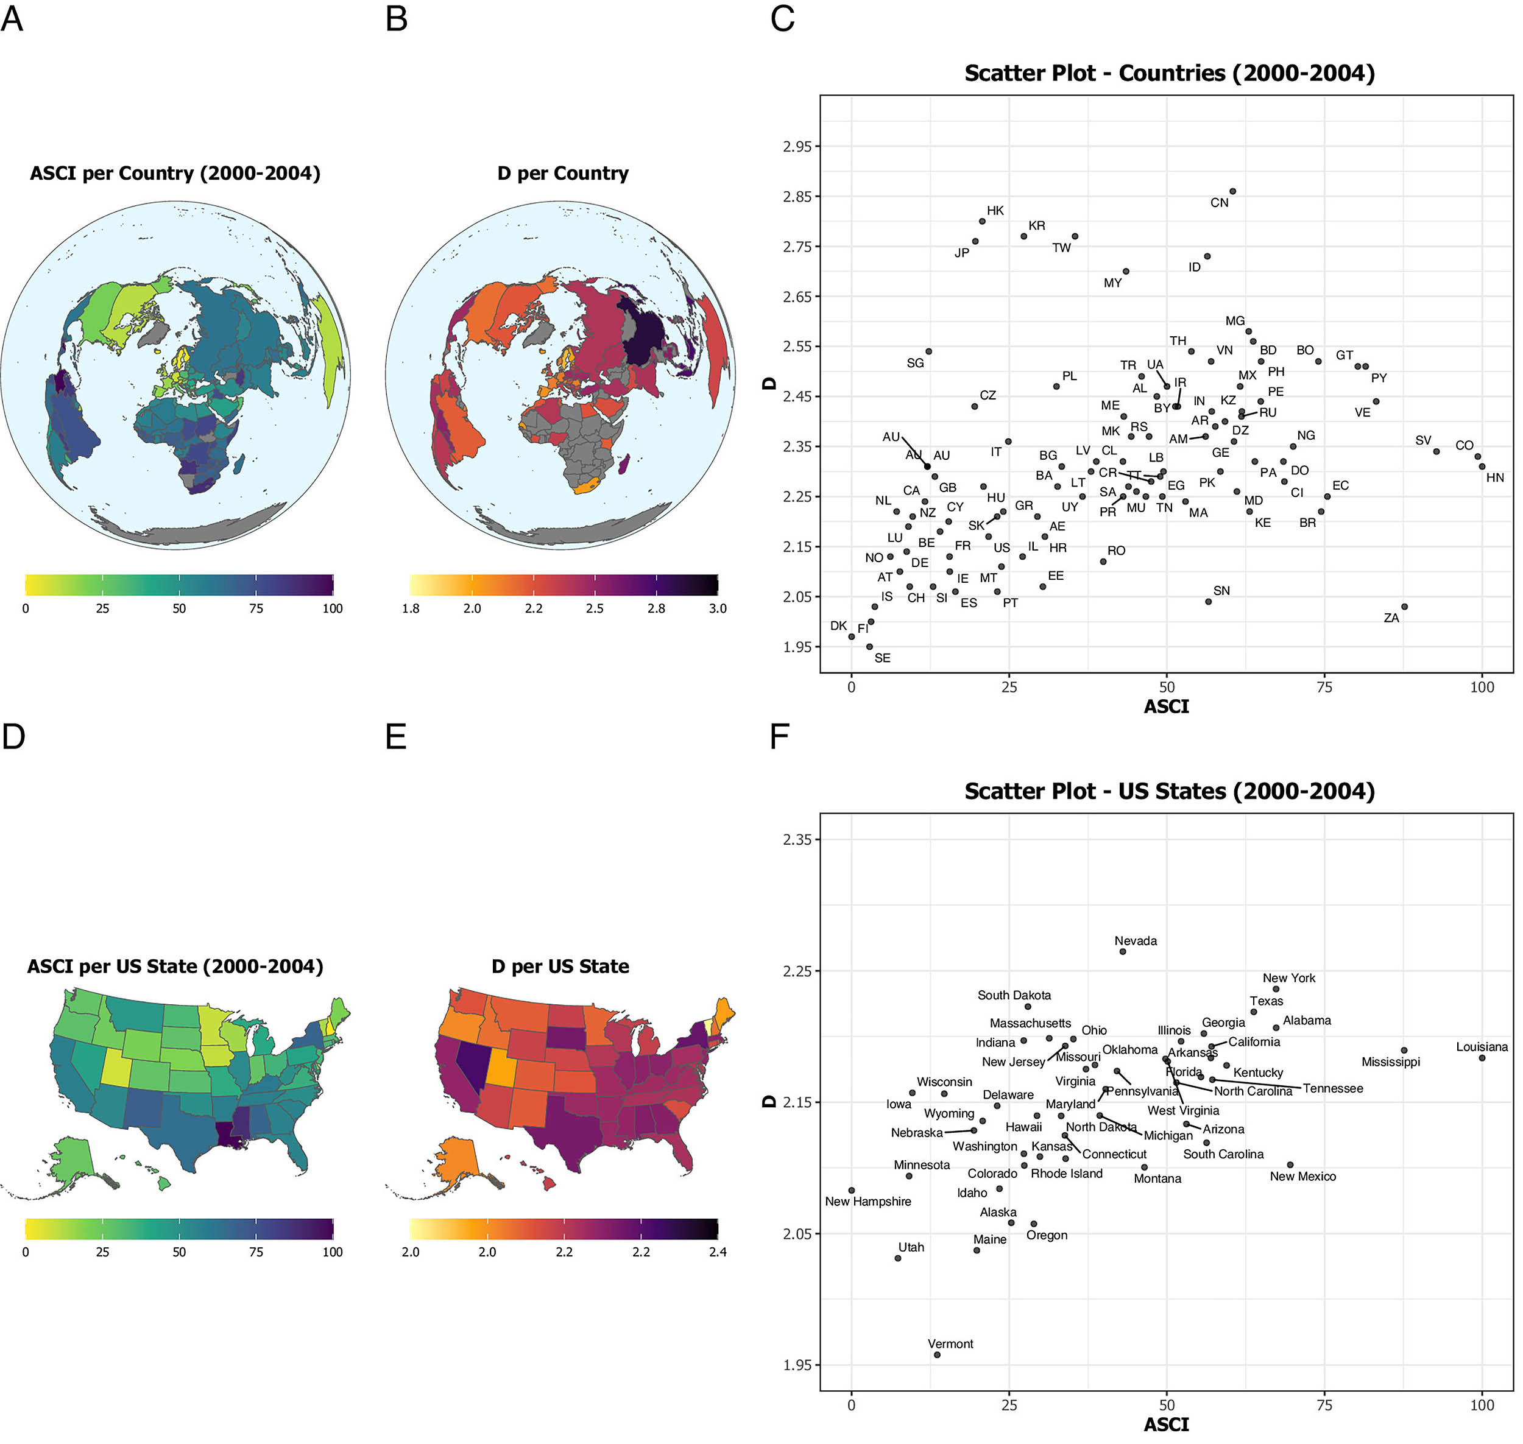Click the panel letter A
coord(12,18)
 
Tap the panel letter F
coord(779,737)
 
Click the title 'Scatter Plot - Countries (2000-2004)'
coord(1169,73)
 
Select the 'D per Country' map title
coord(562,173)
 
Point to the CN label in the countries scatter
coord(1219,202)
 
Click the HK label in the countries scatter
coord(995,210)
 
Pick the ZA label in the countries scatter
coord(1391,618)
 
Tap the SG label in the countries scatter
coord(915,362)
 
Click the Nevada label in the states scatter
coord(1136,940)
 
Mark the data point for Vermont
coord(936,1376)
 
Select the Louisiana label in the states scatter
coord(1482,1046)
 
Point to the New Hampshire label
coord(868,1201)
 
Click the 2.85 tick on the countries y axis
coord(797,196)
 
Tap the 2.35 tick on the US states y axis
coord(797,839)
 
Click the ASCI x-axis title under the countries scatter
coord(1166,706)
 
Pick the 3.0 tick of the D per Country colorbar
coord(717,608)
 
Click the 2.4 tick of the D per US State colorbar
coord(717,1252)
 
